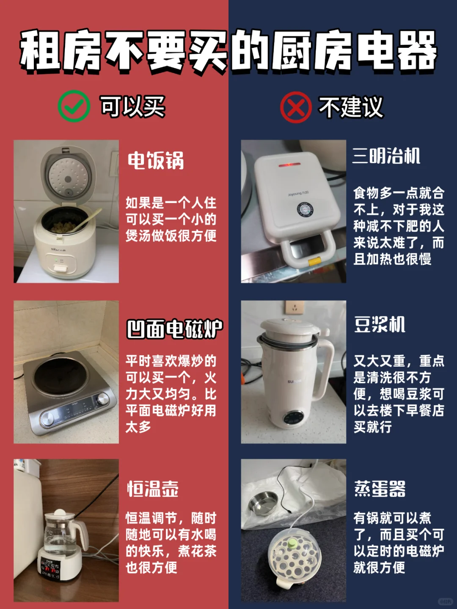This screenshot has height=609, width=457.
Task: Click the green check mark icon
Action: coord(74,106)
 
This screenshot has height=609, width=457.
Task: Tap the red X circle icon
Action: coord(296,107)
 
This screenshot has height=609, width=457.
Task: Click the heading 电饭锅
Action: coord(156,161)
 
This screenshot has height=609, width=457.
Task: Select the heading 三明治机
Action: coord(386,156)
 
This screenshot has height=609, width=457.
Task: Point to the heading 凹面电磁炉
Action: coord(174,329)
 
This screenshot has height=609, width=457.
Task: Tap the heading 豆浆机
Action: coord(380,325)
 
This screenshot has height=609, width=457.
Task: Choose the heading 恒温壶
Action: coord(153,489)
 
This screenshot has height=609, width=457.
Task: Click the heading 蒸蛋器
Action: coord(380,489)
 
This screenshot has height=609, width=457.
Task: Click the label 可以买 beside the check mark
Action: coord(132,107)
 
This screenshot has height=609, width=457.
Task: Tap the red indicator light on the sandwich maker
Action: coord(289,165)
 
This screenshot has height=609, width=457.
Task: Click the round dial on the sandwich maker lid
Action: coord(304,210)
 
